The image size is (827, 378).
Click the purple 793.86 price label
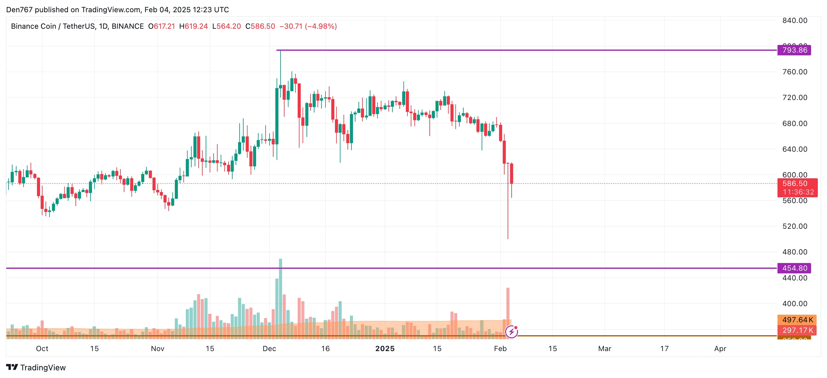point(794,50)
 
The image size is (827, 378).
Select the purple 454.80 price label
point(794,268)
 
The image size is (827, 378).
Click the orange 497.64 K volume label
point(797,320)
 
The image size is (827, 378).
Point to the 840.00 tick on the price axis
point(795,20)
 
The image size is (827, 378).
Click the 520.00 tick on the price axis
point(795,226)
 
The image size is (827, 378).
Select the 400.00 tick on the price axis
point(795,303)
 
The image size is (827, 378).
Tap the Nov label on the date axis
point(158,348)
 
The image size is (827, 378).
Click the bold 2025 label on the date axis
point(385,348)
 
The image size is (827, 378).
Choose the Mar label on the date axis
point(605,348)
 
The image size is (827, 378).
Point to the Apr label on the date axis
point(720,348)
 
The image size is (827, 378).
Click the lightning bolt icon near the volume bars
point(511,332)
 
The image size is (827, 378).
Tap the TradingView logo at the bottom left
point(36,367)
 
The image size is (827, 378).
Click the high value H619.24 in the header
point(193,26)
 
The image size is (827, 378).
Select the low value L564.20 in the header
point(227,26)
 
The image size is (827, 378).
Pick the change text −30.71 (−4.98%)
point(308,26)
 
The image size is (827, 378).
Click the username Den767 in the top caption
point(19,10)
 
